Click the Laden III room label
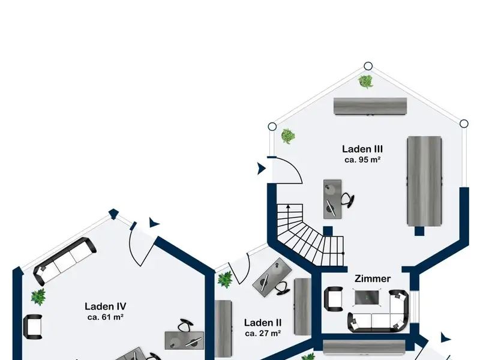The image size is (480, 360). tap(362, 149)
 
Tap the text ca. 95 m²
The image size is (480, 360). tap(362, 160)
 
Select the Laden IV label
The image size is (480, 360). tap(104, 305)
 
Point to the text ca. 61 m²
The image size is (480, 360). tap(104, 316)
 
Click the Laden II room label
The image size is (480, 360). tap(263, 322)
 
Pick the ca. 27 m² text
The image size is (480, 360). tap(263, 333)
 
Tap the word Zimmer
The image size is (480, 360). tap(373, 278)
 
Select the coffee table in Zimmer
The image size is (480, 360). tap(367, 296)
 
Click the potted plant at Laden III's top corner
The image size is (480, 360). tap(365, 80)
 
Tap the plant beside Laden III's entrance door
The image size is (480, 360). tap(288, 136)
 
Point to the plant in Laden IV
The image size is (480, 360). tap(38, 296)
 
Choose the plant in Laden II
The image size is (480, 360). tap(226, 278)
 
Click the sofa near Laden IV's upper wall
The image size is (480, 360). tap(64, 260)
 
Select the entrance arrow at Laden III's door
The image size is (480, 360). tap(261, 169)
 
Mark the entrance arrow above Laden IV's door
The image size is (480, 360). tap(155, 223)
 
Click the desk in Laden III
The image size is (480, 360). tap(332, 198)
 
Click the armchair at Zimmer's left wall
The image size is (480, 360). tap(333, 298)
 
